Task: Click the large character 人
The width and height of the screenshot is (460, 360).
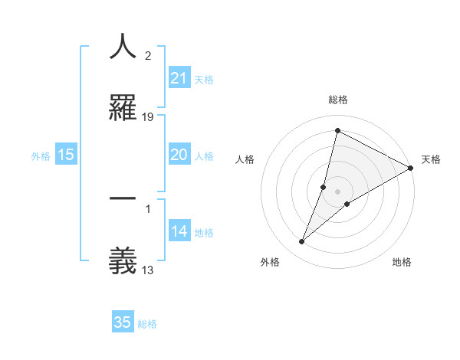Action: click(x=123, y=47)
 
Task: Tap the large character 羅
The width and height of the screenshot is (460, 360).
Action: click(x=123, y=107)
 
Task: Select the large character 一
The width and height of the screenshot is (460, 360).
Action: click(x=123, y=199)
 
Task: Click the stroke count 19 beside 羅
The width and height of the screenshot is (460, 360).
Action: click(x=148, y=117)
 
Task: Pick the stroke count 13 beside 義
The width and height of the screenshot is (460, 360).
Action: click(x=148, y=269)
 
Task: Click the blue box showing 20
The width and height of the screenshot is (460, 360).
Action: click(x=179, y=154)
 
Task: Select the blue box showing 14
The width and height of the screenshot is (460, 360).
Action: click(x=179, y=231)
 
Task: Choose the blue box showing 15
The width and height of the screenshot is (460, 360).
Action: click(x=66, y=154)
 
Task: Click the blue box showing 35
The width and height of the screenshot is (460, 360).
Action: click(x=123, y=322)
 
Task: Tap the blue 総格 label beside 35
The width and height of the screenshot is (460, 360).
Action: click(x=147, y=324)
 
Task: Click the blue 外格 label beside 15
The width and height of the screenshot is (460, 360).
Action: click(x=41, y=155)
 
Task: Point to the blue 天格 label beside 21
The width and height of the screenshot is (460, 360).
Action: click(x=204, y=79)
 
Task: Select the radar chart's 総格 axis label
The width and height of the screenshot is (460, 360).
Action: click(x=338, y=100)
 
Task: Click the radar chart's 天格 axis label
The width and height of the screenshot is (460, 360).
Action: click(x=431, y=159)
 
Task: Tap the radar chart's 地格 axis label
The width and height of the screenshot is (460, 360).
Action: click(x=402, y=262)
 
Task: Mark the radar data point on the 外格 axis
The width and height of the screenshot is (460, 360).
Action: click(x=302, y=242)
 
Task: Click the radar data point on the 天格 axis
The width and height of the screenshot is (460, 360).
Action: click(x=411, y=168)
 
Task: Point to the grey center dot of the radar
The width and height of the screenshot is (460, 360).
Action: click(x=338, y=191)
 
